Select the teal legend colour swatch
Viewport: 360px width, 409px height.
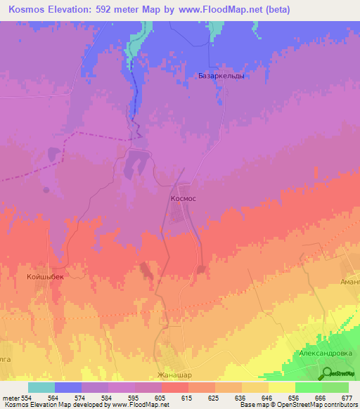[x=41, y=387]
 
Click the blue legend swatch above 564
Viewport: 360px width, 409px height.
[x=68, y=387]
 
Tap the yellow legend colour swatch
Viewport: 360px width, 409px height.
[x=281, y=387]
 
